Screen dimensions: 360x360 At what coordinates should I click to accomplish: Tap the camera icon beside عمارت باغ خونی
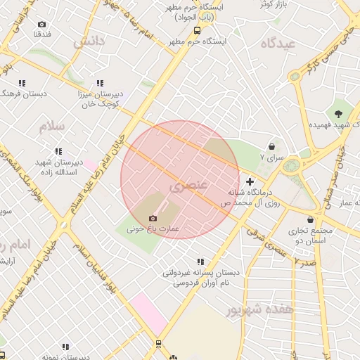[x=153, y=219]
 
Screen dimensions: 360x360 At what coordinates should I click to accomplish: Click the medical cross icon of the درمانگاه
[x=250, y=182]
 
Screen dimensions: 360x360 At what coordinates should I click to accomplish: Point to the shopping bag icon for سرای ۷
[x=271, y=147]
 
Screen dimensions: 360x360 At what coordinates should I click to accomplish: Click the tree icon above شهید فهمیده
[x=338, y=113]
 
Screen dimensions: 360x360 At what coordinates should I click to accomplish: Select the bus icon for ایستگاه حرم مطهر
[x=196, y=30]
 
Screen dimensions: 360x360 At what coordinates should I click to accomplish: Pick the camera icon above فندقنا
[x=41, y=25]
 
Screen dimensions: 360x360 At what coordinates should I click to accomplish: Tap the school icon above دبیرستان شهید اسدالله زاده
[x=58, y=150]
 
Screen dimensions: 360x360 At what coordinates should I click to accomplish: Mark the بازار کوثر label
[x=276, y=4]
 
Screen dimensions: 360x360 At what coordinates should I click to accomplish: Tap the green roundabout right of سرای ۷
[x=291, y=165]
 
